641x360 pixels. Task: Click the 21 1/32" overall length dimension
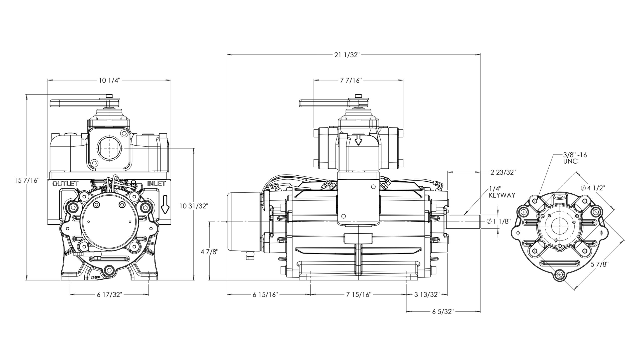point(347,55)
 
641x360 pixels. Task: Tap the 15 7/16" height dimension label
point(28,180)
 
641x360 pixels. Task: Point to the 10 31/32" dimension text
point(194,206)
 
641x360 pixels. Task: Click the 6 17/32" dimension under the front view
point(109,294)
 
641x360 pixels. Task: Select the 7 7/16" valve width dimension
point(351,81)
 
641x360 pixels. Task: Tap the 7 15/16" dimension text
point(359,295)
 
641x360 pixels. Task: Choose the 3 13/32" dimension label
point(427,295)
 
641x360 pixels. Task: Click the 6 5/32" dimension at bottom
point(443,312)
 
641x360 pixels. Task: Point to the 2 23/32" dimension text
point(500,172)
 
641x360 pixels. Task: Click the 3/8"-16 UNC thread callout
point(575,158)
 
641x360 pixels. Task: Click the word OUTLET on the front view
point(65,184)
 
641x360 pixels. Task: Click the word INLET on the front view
point(156,184)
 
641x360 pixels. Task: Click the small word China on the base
point(95,278)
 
